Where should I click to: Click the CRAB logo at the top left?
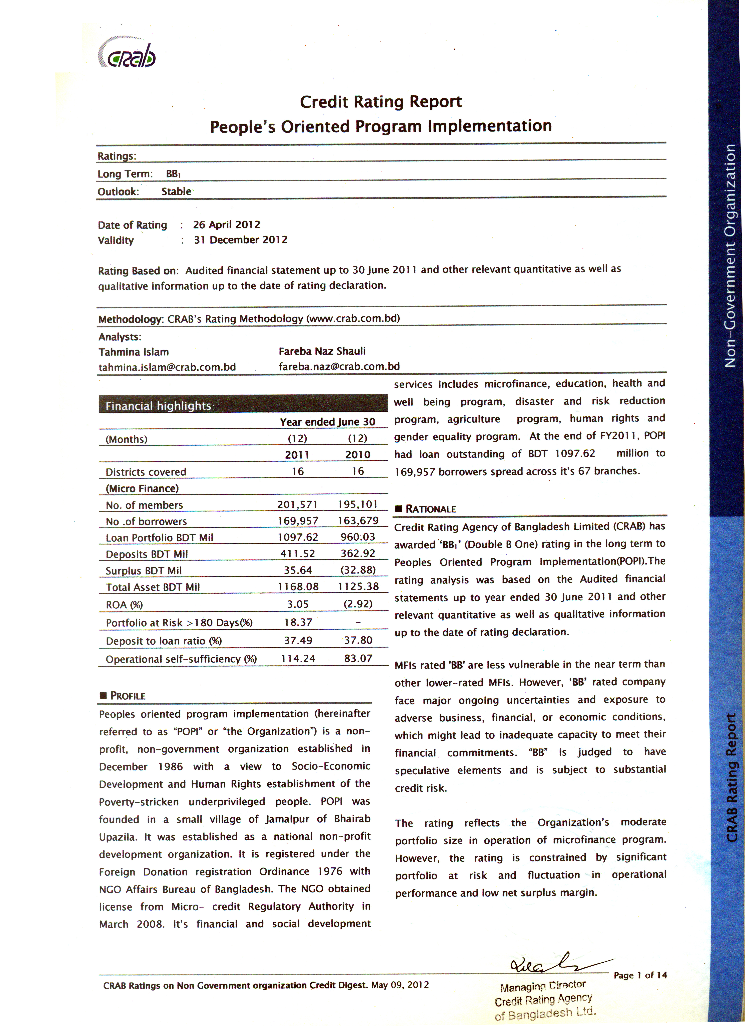click(x=127, y=55)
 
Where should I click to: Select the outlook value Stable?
click(x=176, y=191)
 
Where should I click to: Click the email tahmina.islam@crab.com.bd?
click(x=167, y=367)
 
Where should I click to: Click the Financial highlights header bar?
click(x=243, y=405)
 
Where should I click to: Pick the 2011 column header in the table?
click(x=297, y=455)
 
